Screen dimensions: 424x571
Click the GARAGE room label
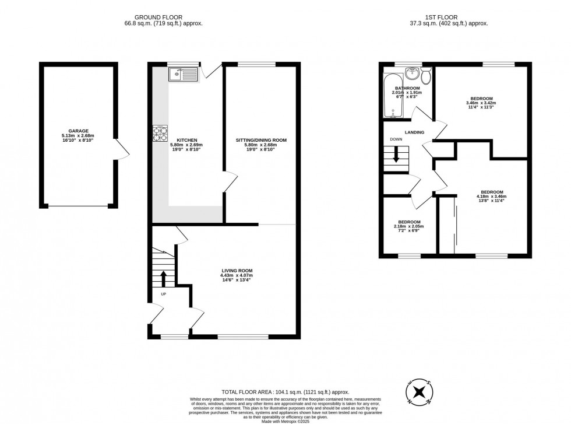(x=77, y=131)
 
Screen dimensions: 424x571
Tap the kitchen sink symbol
(x=184, y=74)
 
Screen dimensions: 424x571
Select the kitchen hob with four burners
(x=160, y=134)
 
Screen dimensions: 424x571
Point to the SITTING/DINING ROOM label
(x=260, y=141)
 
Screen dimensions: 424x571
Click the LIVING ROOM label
(x=237, y=271)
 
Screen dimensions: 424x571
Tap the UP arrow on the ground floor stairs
(x=163, y=277)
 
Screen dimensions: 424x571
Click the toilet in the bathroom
(x=427, y=76)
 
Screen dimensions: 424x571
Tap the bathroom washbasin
(x=413, y=74)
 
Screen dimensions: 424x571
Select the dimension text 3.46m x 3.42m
(x=481, y=103)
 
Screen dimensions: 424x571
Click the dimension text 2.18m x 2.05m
(x=408, y=226)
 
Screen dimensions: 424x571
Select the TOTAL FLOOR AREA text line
(x=285, y=393)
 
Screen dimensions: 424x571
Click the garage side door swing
(x=122, y=150)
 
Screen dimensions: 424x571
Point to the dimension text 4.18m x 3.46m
(x=491, y=197)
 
